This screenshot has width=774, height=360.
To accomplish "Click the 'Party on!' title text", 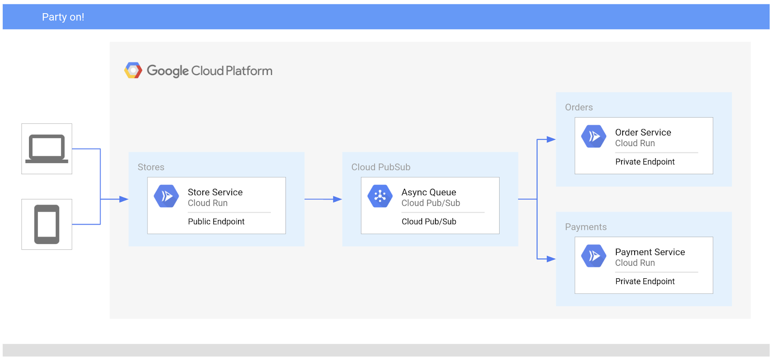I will click(63, 17).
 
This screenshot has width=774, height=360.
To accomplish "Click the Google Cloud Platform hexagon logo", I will click(133, 71).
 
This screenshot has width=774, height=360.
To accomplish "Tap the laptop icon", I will click(46, 149).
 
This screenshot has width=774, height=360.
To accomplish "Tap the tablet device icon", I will click(46, 224).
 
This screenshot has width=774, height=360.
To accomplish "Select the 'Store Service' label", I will click(215, 192).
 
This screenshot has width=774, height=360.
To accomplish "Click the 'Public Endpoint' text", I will click(216, 222).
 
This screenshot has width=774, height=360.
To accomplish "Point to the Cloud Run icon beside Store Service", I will click(166, 196).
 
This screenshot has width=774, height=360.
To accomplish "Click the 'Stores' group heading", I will click(151, 167).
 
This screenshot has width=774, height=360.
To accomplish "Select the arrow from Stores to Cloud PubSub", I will click(323, 199).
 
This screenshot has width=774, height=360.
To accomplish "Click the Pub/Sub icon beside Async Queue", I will click(380, 196).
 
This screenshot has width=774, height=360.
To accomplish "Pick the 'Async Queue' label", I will click(429, 192).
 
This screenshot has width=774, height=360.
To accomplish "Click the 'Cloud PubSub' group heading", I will click(381, 167).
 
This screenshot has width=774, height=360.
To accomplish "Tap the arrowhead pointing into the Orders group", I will click(551, 139).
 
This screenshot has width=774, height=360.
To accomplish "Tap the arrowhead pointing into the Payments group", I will click(551, 259).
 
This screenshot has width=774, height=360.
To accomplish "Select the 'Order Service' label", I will click(643, 133).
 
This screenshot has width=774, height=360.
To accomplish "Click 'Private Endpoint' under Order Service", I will click(645, 162).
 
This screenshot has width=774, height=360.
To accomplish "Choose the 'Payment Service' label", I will click(650, 252).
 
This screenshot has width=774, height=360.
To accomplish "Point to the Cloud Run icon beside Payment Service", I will click(594, 256).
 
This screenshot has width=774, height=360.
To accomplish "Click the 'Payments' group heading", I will click(585, 227).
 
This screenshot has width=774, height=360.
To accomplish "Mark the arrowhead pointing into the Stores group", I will click(123, 199).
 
